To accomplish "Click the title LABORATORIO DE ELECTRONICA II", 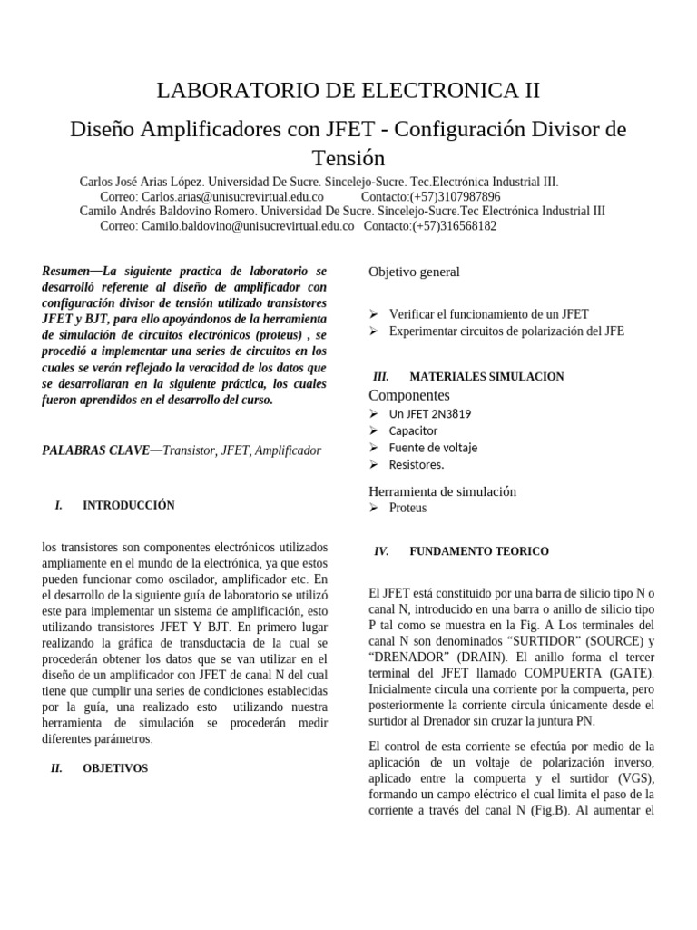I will (348, 90).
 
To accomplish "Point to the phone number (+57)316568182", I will (454, 226).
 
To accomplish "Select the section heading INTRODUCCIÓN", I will (129, 505).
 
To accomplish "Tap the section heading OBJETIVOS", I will (115, 768).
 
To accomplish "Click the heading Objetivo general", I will (414, 272).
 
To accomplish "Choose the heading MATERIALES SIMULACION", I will (486, 376).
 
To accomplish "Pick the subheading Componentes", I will (409, 395).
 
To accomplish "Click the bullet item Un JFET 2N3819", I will (430, 414).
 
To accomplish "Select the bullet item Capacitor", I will (413, 430).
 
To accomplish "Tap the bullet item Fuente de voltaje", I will (433, 448).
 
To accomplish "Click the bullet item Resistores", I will (417, 464).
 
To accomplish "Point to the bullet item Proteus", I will (407, 508).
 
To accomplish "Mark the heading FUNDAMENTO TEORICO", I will (479, 551).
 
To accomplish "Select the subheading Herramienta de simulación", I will (442, 491).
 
